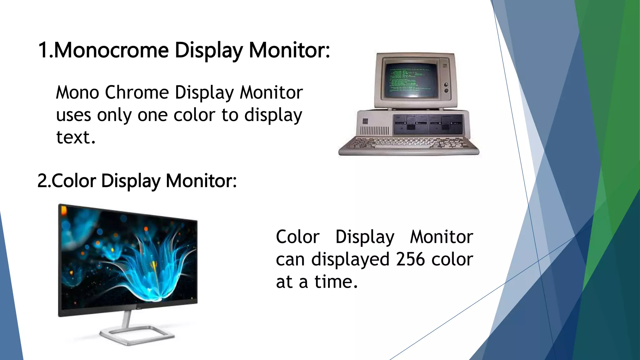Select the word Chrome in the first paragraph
(137, 92)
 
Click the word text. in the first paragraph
(76, 137)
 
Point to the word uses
(73, 115)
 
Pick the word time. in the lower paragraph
(336, 282)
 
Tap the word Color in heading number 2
(74, 181)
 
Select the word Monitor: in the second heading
(201, 181)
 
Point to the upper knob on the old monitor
(446, 85)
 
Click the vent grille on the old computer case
(375, 131)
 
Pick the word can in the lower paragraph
(290, 260)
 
